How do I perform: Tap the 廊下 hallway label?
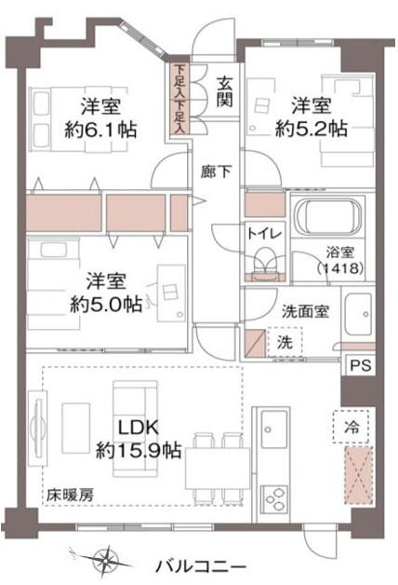(216, 171)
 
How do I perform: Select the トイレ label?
(264, 234)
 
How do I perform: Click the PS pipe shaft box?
(361, 364)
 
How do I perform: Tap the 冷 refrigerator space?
(351, 427)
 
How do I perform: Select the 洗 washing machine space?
(285, 342)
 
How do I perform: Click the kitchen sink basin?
(274, 429)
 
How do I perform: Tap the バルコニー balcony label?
(200, 567)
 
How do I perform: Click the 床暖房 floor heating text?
(71, 496)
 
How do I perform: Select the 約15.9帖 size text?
(139, 451)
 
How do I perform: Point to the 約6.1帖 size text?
(101, 130)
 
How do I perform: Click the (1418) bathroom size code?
(340, 267)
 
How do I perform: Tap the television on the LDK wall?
(37, 428)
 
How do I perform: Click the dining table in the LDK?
(218, 469)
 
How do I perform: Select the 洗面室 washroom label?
(305, 311)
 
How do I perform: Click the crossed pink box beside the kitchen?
(358, 475)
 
